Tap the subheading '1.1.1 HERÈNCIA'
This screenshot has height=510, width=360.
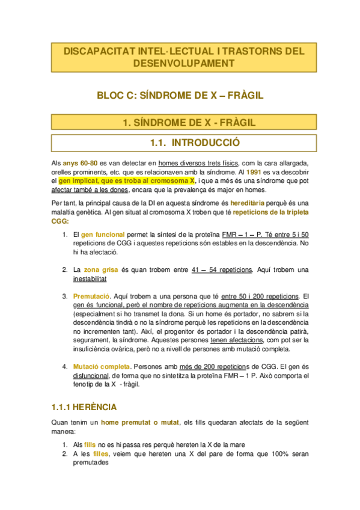(x=84, y=408)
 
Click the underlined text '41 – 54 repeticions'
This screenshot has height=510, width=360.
(x=217, y=270)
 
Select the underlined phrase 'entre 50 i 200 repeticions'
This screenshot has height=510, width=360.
(x=259, y=296)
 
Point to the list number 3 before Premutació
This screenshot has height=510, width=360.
(x=64, y=296)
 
